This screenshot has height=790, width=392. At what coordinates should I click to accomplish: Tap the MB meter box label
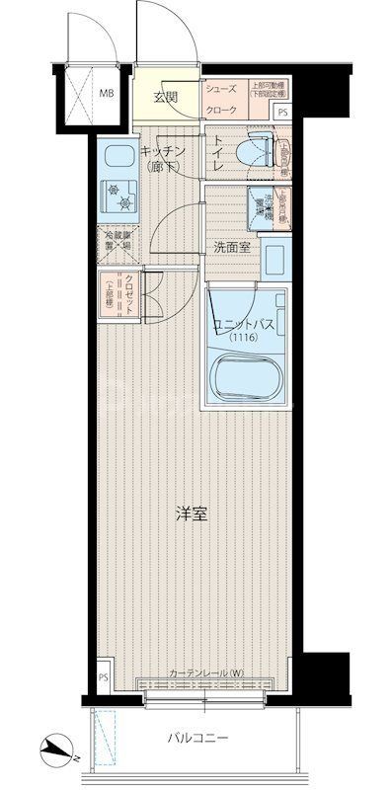pyautogui.click(x=106, y=96)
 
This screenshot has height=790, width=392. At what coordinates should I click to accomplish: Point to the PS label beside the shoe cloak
pyautogui.click(x=282, y=112)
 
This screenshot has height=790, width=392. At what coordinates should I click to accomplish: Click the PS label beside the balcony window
pyautogui.click(x=104, y=677)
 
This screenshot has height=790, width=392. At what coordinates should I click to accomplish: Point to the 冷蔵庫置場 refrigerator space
pyautogui.click(x=117, y=241)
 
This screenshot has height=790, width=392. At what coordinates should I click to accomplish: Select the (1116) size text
pyautogui.click(x=243, y=339)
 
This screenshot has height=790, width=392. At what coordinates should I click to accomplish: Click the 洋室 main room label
pyautogui.click(x=192, y=513)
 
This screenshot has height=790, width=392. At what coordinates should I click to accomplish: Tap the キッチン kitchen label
pyautogui.click(x=160, y=156)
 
